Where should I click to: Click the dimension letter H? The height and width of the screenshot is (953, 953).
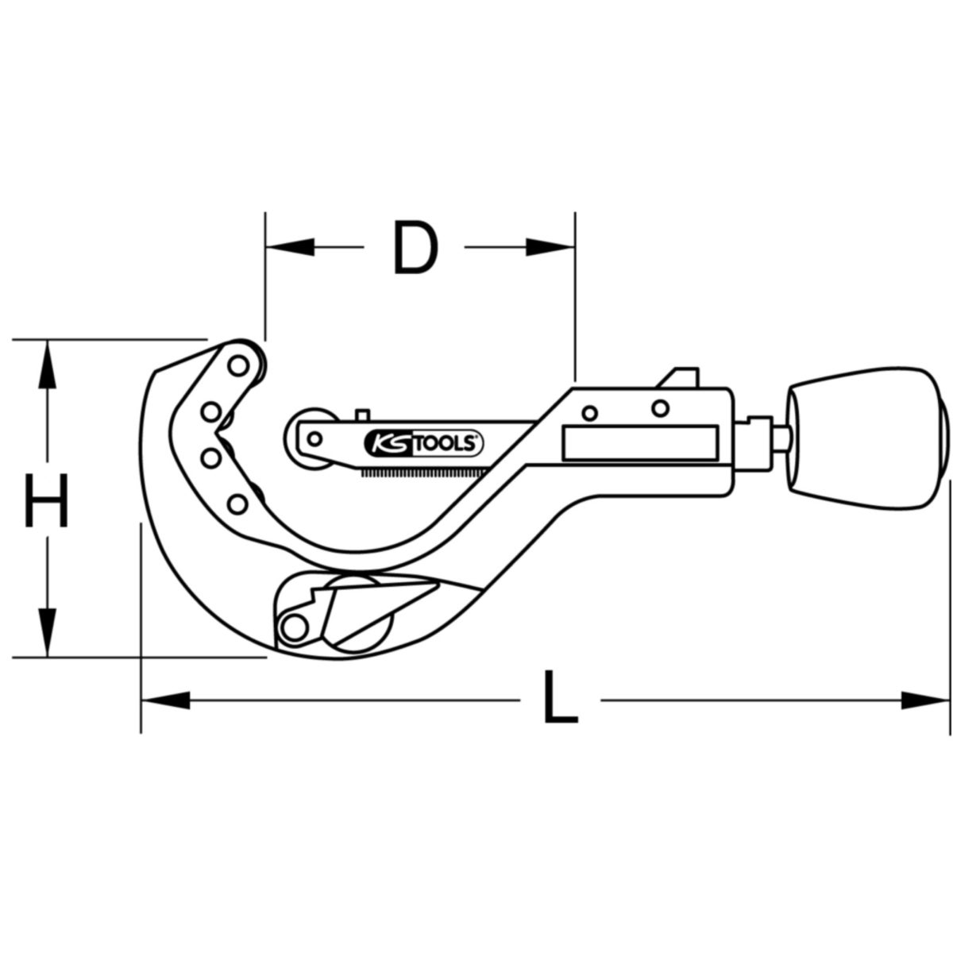coord(46,500)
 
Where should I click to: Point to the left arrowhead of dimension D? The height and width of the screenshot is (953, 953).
coord(290,247)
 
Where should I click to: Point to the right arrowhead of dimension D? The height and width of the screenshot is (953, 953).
coord(550,247)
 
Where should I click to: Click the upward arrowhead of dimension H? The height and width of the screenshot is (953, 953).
coord(47,365)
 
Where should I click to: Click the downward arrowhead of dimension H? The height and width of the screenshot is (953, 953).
coord(47,632)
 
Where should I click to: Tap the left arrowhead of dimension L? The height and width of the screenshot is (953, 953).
coord(166,700)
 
